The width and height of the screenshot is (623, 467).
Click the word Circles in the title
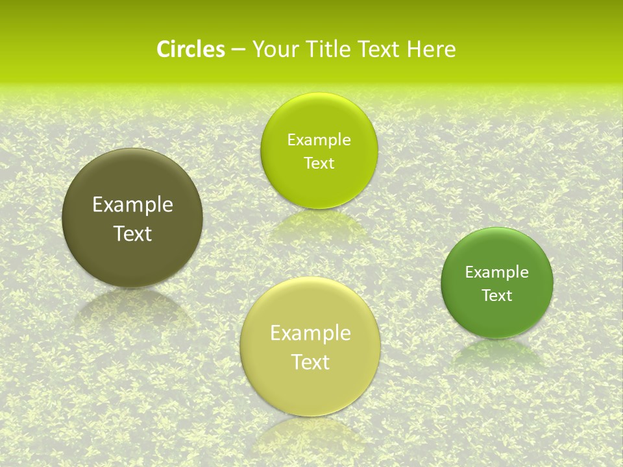[x=191, y=49]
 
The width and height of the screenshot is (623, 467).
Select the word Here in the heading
[x=432, y=49]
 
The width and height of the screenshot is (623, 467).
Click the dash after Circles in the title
[x=238, y=50]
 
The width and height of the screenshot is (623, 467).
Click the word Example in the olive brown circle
[x=132, y=205]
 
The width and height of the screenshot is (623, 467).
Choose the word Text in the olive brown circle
[x=132, y=233]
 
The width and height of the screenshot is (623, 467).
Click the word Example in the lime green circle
[x=319, y=140]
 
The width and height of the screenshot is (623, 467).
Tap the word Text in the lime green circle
[x=319, y=163]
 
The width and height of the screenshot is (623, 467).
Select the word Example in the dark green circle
[x=497, y=272]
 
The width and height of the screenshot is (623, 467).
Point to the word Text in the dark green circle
[x=497, y=296]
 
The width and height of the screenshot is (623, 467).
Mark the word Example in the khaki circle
[x=310, y=333]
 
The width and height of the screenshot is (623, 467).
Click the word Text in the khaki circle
[x=310, y=362]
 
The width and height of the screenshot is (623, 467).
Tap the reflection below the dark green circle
[x=497, y=353]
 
